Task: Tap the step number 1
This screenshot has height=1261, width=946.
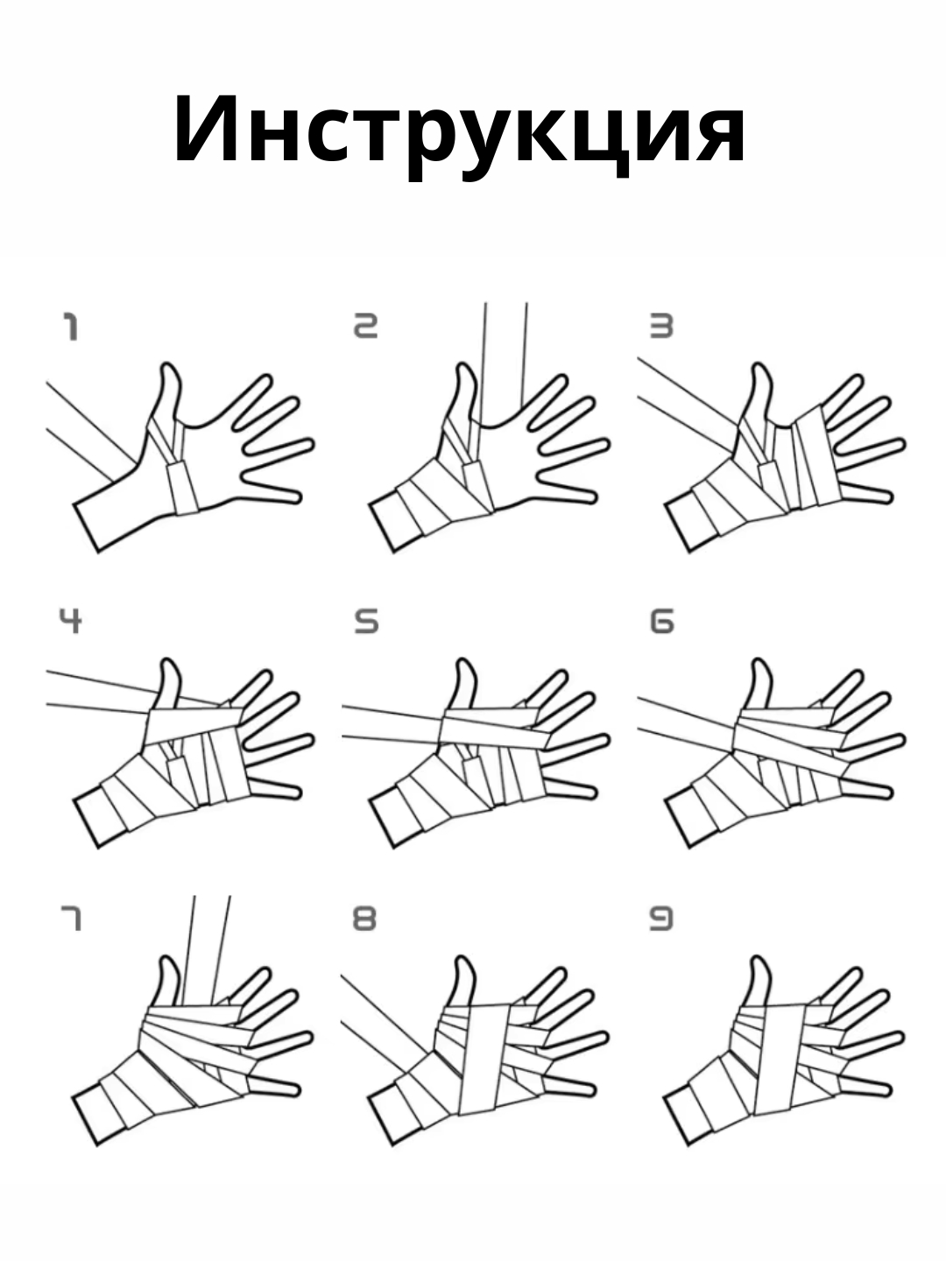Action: click(x=70, y=327)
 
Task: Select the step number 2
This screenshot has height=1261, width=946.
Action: click(x=365, y=327)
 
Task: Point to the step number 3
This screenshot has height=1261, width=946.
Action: click(x=661, y=327)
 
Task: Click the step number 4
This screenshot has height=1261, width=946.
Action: click(x=71, y=621)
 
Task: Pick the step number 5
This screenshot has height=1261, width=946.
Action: click(x=366, y=622)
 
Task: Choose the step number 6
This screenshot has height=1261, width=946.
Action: click(x=661, y=622)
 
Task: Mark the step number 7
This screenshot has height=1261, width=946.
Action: click(x=71, y=918)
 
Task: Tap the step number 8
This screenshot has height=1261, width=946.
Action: click(x=364, y=918)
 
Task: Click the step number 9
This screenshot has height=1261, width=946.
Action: click(x=661, y=918)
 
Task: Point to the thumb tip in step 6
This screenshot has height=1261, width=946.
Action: click(x=759, y=662)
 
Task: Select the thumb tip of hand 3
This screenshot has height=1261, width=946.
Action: click(x=759, y=367)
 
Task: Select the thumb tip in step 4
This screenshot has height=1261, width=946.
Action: click(x=168, y=662)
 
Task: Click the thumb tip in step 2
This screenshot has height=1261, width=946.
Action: click(x=463, y=367)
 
